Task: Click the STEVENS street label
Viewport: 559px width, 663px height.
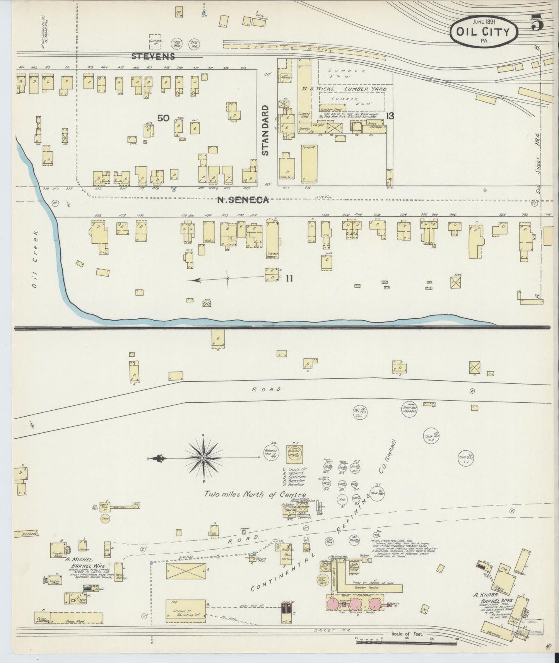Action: (153, 56)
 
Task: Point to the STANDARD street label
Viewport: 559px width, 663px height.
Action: (265, 130)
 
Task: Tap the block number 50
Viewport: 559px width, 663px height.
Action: (163, 118)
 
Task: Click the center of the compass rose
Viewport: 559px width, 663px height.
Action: (203, 458)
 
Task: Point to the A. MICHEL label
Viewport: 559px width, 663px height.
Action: (79, 559)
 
